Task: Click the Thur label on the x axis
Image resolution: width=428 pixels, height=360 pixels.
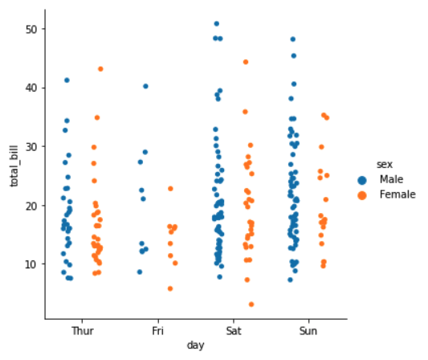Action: coord(83,329)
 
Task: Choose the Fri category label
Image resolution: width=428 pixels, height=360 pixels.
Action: coord(158,329)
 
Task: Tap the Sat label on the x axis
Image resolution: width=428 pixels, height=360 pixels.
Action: coord(234,329)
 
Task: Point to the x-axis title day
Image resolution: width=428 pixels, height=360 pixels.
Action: coord(195,345)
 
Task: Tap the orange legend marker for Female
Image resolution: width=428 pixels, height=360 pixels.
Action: coord(363,194)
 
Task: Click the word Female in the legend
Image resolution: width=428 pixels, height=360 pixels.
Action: coord(397,194)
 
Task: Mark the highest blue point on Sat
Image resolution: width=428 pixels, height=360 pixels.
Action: coord(217,24)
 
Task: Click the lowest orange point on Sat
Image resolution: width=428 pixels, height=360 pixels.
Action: coord(251,305)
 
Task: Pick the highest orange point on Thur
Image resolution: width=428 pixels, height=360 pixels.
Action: coord(100,69)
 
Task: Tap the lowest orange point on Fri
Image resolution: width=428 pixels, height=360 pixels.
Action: coord(169,288)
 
